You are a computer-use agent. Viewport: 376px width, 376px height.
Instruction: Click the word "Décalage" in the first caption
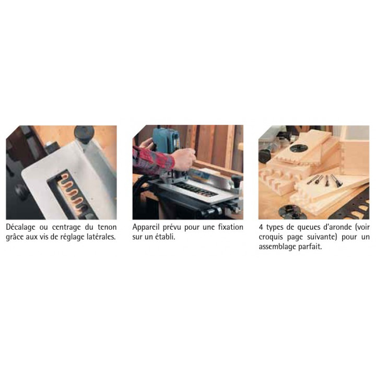pos(20,227)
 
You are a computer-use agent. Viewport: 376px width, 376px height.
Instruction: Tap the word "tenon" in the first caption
pos(107,227)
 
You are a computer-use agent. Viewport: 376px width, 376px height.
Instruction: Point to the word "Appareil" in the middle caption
pos(146,227)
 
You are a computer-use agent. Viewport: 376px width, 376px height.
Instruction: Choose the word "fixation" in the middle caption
pos(230,227)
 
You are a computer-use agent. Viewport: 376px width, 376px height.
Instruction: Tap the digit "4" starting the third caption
pos(261,227)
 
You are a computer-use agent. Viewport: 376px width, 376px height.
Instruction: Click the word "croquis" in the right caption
pos(271,237)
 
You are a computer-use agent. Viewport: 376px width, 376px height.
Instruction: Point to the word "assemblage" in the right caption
pos(277,247)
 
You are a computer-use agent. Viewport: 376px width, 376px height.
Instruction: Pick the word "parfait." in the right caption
pos(310,247)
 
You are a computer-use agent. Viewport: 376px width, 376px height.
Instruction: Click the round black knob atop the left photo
pos(84,134)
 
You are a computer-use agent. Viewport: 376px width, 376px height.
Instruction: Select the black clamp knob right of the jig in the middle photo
pos(237,180)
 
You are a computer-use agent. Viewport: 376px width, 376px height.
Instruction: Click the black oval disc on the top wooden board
pos(298,148)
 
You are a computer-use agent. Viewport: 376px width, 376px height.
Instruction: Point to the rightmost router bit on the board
pos(336,180)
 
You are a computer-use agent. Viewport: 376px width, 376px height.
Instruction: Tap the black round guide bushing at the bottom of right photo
pos(292,211)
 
